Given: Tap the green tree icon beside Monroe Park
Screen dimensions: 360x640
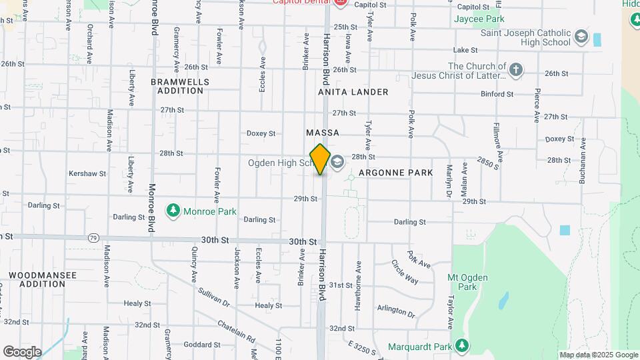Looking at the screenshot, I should (174, 211).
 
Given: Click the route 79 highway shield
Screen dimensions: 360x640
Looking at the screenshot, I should (93, 237).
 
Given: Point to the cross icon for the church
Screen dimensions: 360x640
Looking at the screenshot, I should (515, 69).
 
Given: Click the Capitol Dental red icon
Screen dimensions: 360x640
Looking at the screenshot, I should (340, 2).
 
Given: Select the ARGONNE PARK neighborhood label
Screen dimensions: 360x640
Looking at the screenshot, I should (395, 173).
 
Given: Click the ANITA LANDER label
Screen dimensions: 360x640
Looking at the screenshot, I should (353, 92).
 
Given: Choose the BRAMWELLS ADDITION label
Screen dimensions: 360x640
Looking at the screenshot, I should (180, 86).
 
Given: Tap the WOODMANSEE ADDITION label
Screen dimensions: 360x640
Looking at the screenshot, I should (42, 279).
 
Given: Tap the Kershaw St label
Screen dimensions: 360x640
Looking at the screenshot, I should (87, 173).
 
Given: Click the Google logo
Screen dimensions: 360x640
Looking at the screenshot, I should (22, 351).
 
